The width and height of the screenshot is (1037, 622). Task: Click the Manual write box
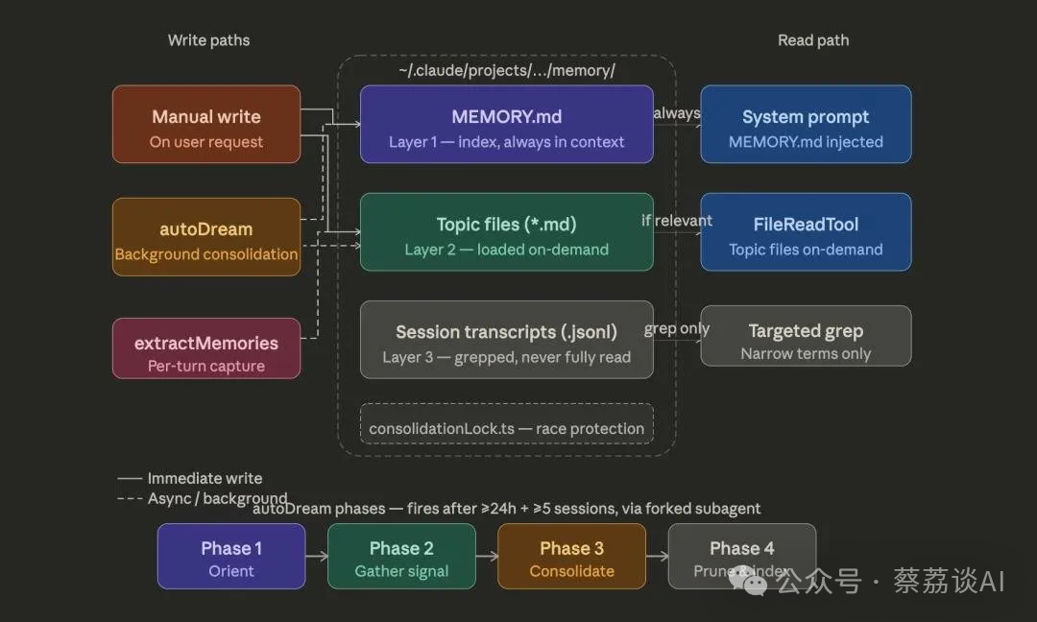coord(206,124)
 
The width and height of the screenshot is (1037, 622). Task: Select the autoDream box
coord(206,237)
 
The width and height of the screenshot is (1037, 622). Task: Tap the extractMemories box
coord(206,348)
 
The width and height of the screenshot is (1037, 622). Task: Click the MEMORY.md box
coord(506,124)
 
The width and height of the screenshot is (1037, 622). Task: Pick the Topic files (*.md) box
coord(506,231)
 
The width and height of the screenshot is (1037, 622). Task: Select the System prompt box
coord(806,124)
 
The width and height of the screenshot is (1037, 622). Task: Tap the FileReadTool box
coord(806,231)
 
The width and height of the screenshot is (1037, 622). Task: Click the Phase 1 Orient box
coord(231,556)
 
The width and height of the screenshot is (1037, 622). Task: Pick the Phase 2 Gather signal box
coord(401,556)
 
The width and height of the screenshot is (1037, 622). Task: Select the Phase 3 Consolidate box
coord(571,556)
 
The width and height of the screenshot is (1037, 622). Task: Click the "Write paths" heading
coord(208,40)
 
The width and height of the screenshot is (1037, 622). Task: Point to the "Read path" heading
coord(813,40)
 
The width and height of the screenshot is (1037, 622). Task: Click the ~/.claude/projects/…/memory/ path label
coord(506,71)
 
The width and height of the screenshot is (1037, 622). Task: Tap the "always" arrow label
coord(677,113)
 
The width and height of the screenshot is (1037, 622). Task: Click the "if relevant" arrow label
coord(677,221)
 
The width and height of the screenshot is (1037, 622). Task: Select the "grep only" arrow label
coord(677,328)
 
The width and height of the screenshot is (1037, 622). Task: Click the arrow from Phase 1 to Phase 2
coord(316,556)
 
